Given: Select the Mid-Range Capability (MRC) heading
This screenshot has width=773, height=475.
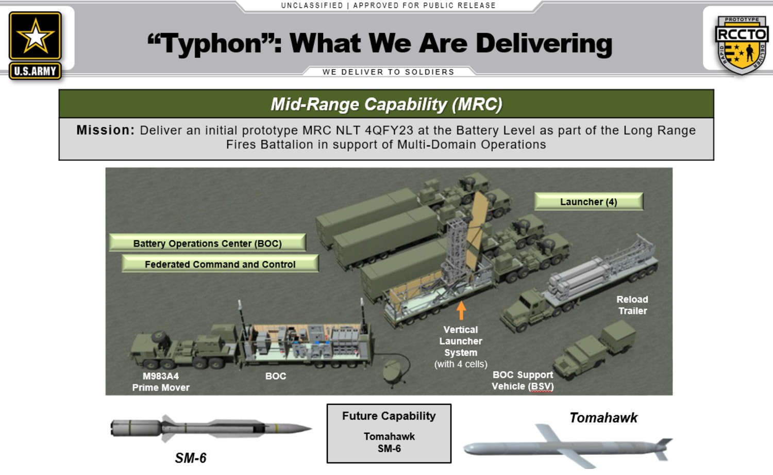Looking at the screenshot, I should (386, 104).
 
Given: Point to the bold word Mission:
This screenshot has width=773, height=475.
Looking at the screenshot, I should (106, 130).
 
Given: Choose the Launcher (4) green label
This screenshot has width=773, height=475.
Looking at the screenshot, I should (589, 202).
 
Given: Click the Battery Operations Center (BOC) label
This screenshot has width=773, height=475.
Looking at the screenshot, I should (207, 243).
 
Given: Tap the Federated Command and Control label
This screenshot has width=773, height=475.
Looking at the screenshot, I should (220, 264).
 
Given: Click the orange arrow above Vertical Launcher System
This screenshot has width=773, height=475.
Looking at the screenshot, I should (461, 310).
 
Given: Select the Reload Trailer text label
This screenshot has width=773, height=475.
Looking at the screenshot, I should (632, 305).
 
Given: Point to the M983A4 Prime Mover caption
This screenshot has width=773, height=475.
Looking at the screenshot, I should (161, 382).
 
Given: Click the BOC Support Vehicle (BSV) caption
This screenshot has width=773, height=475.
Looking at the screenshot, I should (523, 381).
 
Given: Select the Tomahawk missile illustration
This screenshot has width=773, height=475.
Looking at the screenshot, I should (567, 447).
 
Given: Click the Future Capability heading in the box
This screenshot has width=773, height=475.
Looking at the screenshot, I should (389, 416).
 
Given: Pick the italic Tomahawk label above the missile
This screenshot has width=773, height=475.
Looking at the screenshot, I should (603, 418).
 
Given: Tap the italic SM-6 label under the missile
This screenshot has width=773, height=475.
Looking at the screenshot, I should (191, 458).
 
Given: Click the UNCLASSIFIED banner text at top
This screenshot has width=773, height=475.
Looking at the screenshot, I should (312, 6).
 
